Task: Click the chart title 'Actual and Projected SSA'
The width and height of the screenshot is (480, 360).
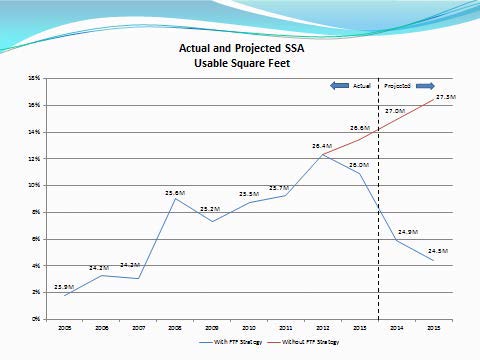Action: (239, 47)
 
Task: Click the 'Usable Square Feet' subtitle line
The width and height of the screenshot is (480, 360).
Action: (239, 62)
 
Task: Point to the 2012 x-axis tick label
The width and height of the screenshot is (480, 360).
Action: (323, 327)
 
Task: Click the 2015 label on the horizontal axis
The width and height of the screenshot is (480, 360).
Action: (433, 327)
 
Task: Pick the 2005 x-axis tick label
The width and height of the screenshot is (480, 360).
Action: (65, 327)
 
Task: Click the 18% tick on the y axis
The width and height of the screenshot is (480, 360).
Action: (34, 77)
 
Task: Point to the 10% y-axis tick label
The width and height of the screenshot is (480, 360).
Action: (34, 185)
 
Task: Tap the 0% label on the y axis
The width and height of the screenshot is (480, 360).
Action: (35, 319)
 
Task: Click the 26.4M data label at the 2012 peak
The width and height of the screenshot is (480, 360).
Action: (321, 146)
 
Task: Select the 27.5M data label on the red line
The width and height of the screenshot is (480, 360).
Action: (446, 97)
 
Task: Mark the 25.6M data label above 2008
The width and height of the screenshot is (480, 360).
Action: (175, 192)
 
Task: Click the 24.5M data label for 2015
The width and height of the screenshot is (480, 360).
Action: (437, 251)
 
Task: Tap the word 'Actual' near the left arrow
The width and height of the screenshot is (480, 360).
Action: (361, 87)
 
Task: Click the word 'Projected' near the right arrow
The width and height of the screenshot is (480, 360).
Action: (397, 87)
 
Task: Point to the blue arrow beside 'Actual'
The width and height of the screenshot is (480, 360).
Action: (339, 87)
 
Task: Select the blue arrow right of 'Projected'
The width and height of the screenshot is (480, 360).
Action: (423, 87)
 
